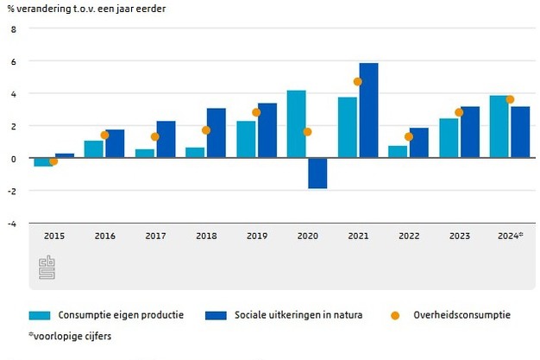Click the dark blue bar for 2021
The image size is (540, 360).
tap(368, 111)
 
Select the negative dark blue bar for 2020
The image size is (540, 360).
tap(317, 173)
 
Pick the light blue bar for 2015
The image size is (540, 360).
tap(41, 161)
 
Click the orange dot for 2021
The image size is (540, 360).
tap(358, 82)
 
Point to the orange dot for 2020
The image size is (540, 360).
tap(307, 132)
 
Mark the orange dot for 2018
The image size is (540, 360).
tap(206, 130)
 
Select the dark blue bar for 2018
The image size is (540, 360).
tap(216, 133)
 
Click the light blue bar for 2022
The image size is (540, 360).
tap(398, 151)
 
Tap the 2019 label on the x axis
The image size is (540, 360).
tap(256, 235)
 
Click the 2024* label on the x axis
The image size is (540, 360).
tap(510, 235)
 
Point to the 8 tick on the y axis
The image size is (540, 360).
tap(13, 28)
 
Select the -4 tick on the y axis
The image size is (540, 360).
tap(11, 223)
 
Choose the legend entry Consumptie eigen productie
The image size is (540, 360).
tap(121, 315)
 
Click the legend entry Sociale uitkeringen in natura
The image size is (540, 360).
tap(298, 315)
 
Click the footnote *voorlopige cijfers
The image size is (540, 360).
tap(70, 336)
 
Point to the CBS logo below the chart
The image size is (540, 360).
tap(46, 267)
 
